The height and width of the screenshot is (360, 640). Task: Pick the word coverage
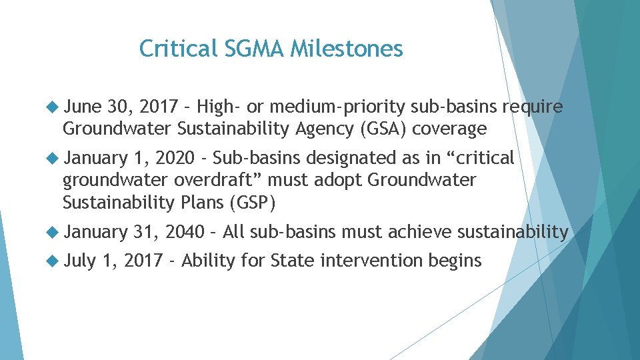point(449,129)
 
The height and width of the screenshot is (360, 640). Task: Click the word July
point(81,261)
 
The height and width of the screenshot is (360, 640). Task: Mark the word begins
point(457,261)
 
